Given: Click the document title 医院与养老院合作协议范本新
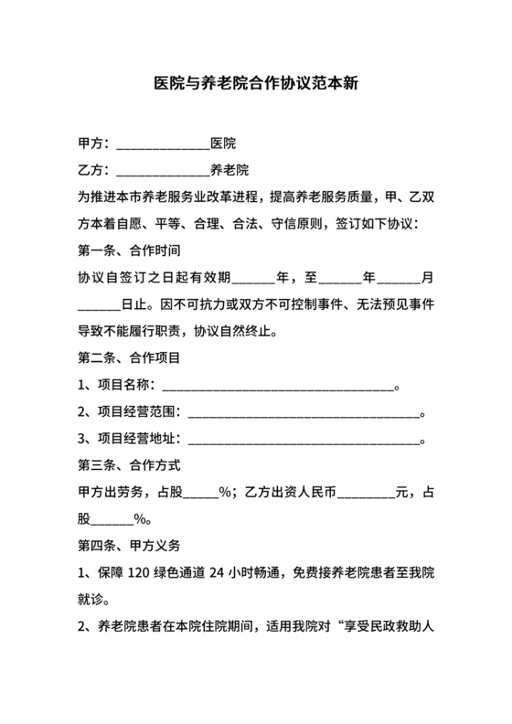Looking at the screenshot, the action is pyautogui.click(x=255, y=82).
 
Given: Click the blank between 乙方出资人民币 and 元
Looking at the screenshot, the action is pyautogui.click(x=366, y=493).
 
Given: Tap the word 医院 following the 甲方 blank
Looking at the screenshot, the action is pyautogui.click(x=223, y=144).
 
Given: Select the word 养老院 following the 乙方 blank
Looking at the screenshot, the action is pyautogui.click(x=229, y=170).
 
